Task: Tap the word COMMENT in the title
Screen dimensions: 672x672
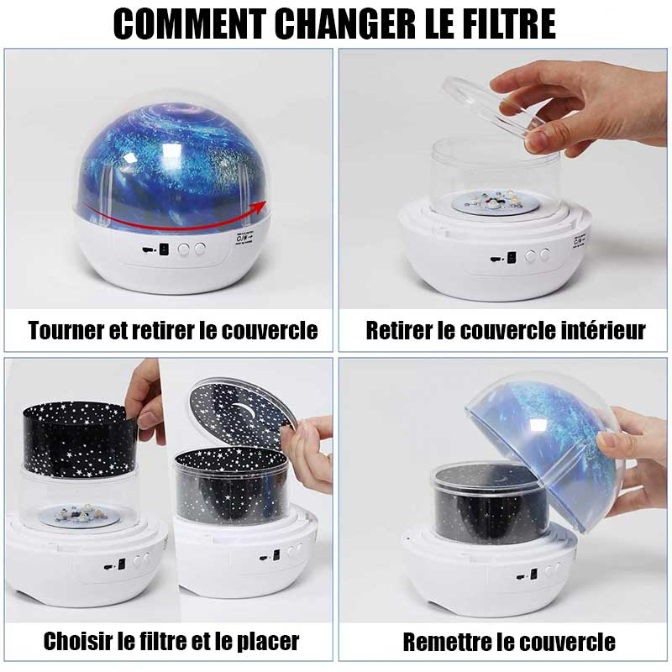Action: (190, 24)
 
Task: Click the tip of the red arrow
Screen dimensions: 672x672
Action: (265, 202)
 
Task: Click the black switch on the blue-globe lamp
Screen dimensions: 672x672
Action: (163, 249)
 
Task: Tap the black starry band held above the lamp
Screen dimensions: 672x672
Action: (79, 438)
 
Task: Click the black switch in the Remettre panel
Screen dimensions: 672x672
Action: (533, 574)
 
